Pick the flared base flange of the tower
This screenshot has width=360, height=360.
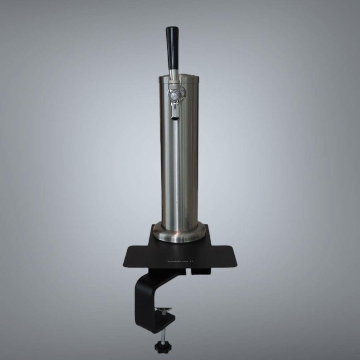pyautogui.click(x=179, y=236)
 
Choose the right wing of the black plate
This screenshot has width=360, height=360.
pyautogui.click(x=223, y=256)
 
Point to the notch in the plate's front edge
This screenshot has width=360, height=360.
pyautogui.click(x=193, y=271)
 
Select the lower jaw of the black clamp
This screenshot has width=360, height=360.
pyautogui.click(x=161, y=322)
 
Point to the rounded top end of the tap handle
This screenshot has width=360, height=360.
pyautogui.click(x=172, y=29)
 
